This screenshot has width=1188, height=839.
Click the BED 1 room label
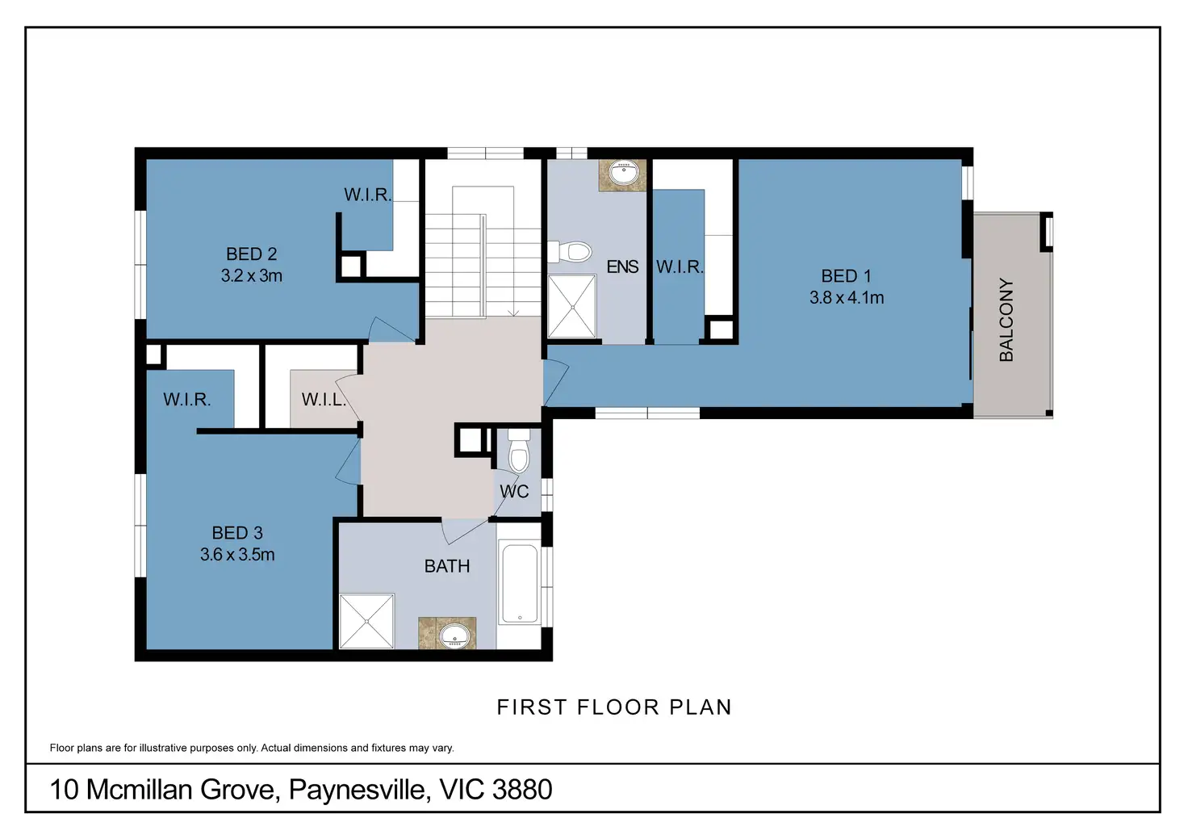point(846,276)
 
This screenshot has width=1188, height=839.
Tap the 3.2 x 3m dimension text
point(251,276)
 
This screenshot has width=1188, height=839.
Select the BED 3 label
point(237,533)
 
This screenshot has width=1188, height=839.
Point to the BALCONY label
point(1006,320)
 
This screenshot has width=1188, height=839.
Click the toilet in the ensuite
point(570,252)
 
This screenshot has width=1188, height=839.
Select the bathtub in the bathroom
point(520,584)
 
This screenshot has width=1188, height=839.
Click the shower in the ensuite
point(571,306)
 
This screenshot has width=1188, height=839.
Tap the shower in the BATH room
point(366,621)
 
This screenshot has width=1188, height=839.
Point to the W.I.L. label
point(324,400)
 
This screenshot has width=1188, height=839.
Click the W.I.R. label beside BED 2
point(367,195)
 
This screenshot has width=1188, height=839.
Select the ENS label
point(622,266)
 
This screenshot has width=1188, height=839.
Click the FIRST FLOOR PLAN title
point(614,707)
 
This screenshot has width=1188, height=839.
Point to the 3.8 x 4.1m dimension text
point(847,298)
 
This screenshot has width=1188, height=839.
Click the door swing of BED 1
point(554,382)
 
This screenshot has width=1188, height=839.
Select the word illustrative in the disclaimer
point(164,748)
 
